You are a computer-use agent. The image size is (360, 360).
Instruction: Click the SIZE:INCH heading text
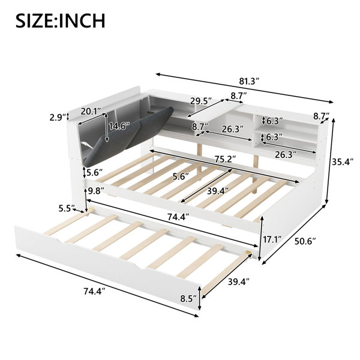tap(61, 21)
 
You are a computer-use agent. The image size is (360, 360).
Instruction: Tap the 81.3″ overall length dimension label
tap(250, 81)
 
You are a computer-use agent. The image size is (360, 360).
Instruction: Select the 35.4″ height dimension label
tap(342, 162)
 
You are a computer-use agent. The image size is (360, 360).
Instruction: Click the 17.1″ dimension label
tap(272, 240)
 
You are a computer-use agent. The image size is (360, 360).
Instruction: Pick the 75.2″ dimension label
tap(225, 159)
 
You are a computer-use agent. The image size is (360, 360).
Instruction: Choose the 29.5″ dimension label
tap(201, 101)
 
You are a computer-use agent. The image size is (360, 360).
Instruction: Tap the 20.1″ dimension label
tap(91, 112)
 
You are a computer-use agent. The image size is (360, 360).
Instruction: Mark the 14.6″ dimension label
tap(119, 126)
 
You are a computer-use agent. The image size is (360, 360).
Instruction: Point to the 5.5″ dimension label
tap(67, 208)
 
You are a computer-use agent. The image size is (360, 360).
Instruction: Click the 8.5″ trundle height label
tap(188, 299)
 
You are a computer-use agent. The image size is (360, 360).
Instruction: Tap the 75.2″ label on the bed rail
tap(225, 159)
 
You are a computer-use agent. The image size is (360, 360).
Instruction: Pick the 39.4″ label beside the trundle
tap(239, 282)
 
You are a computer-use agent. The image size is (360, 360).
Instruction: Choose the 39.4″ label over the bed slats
tap(218, 191)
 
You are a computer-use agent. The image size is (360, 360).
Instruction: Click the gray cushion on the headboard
tap(128, 137)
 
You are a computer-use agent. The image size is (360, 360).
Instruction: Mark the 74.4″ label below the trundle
tap(94, 292)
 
